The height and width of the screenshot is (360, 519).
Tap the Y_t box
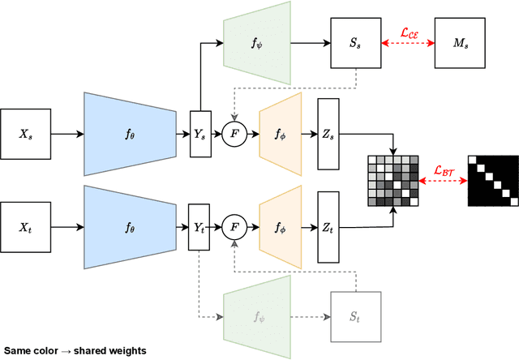point(199,228)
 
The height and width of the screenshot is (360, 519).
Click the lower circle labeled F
point(233,228)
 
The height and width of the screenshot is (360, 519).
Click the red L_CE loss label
point(410,31)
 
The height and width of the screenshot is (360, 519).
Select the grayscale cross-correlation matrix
point(392,180)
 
